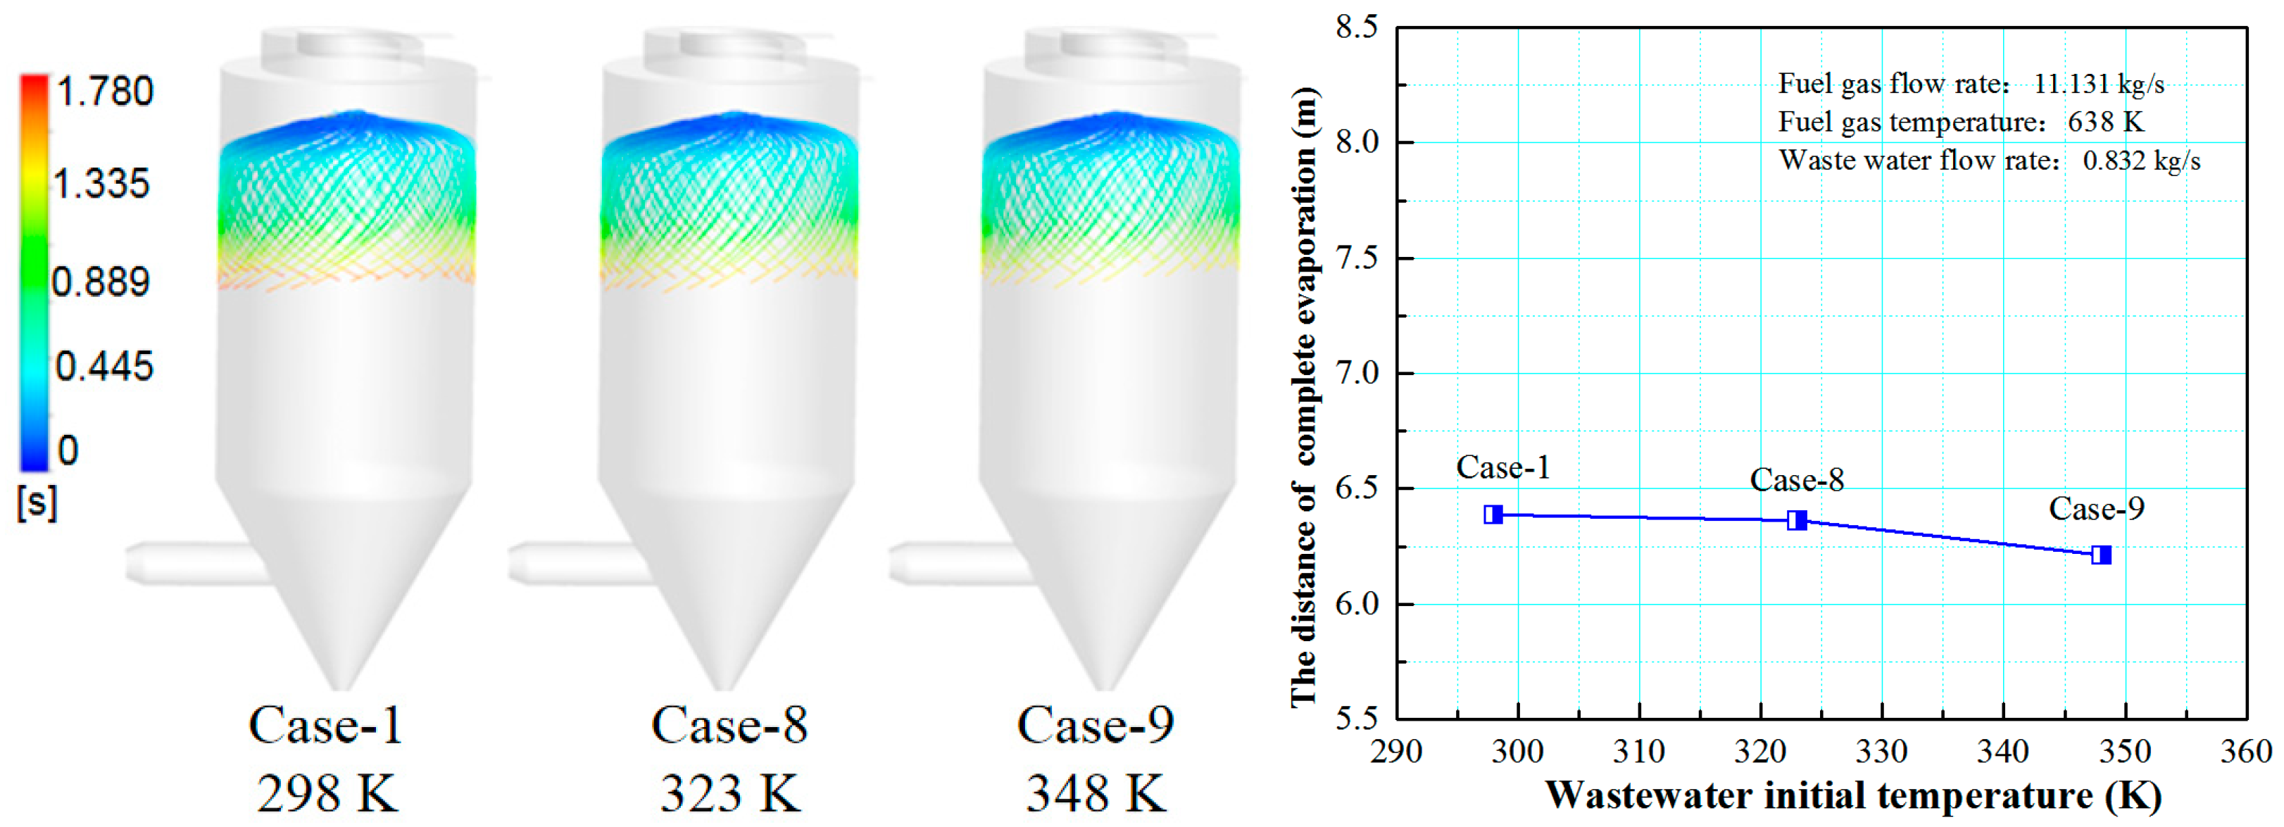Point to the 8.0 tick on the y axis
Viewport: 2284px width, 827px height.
click(1357, 142)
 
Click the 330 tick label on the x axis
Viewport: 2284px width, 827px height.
click(1881, 752)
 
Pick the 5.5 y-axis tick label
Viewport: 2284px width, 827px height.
click(1357, 718)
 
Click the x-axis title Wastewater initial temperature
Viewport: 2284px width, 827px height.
click(1853, 795)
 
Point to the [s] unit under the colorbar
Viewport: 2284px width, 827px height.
click(37, 503)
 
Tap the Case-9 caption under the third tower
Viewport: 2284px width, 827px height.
click(1096, 725)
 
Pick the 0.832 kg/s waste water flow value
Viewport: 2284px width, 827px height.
click(2141, 160)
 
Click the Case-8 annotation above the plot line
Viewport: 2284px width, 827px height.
click(1796, 481)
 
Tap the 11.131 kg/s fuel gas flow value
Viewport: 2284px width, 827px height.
click(2099, 84)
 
